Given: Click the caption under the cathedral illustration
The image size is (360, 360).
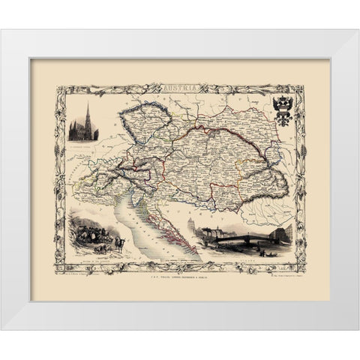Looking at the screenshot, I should [x=87, y=143].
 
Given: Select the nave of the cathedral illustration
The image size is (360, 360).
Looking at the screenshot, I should [x=79, y=133].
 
